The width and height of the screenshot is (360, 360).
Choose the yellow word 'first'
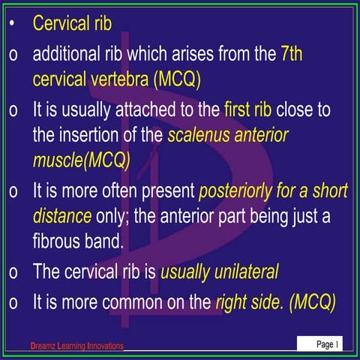pyautogui.click(x=239, y=110)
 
